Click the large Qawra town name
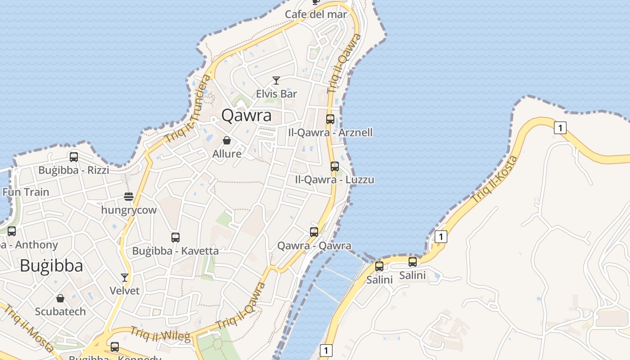247,116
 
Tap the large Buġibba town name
51,266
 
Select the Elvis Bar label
276,94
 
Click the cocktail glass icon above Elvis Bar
276,81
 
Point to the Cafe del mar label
316,14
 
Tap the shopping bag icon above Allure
227,141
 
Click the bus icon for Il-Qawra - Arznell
330,119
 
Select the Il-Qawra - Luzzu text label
334,180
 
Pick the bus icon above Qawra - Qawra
314,232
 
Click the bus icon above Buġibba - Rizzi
74,157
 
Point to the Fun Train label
26,192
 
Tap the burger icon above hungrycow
129,197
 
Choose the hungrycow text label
129,210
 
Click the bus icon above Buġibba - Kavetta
175,237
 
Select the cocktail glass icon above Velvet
125,277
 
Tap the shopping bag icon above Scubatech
60,298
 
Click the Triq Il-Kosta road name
495,179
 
